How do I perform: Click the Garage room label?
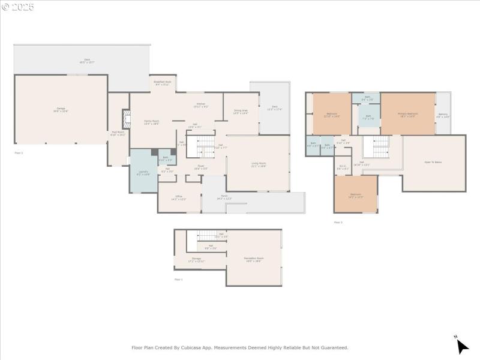click(61, 110)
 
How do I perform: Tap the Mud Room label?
click(118, 134)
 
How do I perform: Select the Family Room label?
click(151, 122)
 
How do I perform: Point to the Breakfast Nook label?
click(163, 83)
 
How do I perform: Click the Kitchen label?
click(201, 106)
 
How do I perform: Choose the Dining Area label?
click(241, 112)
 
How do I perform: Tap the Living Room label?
click(259, 164)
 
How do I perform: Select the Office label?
click(179, 197)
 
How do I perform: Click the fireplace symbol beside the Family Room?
click(125, 119)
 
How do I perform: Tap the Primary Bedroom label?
click(407, 114)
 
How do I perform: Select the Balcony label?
click(443, 115)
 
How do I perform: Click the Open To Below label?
click(433, 163)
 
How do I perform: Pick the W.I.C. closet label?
click(342, 167)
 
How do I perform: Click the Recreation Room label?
click(253, 259)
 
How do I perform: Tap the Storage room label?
click(196, 260)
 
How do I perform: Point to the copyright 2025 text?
click(18, 7)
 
